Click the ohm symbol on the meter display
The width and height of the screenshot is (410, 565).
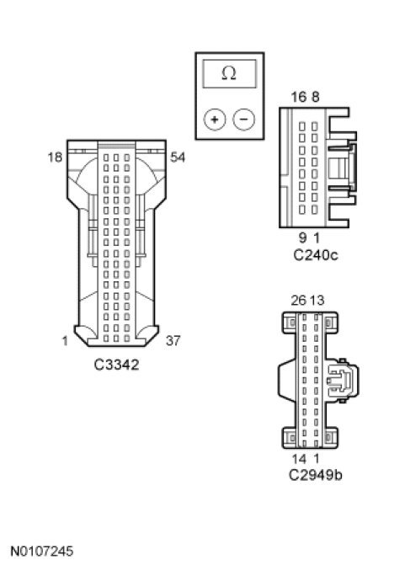tap(229, 73)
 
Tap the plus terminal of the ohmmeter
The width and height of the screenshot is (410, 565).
tap(215, 120)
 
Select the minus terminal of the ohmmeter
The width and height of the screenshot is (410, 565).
tap(244, 120)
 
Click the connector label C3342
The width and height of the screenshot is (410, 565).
tap(116, 365)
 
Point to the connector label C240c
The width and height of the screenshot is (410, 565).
tap(316, 255)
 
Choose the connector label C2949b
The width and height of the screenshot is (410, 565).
tap(316, 475)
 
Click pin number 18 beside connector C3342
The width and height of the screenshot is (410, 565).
tap(55, 157)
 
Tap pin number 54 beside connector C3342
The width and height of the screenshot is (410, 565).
tap(178, 157)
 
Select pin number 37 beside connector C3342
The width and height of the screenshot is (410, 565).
tap(173, 340)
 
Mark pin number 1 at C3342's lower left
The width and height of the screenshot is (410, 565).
tap(65, 341)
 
